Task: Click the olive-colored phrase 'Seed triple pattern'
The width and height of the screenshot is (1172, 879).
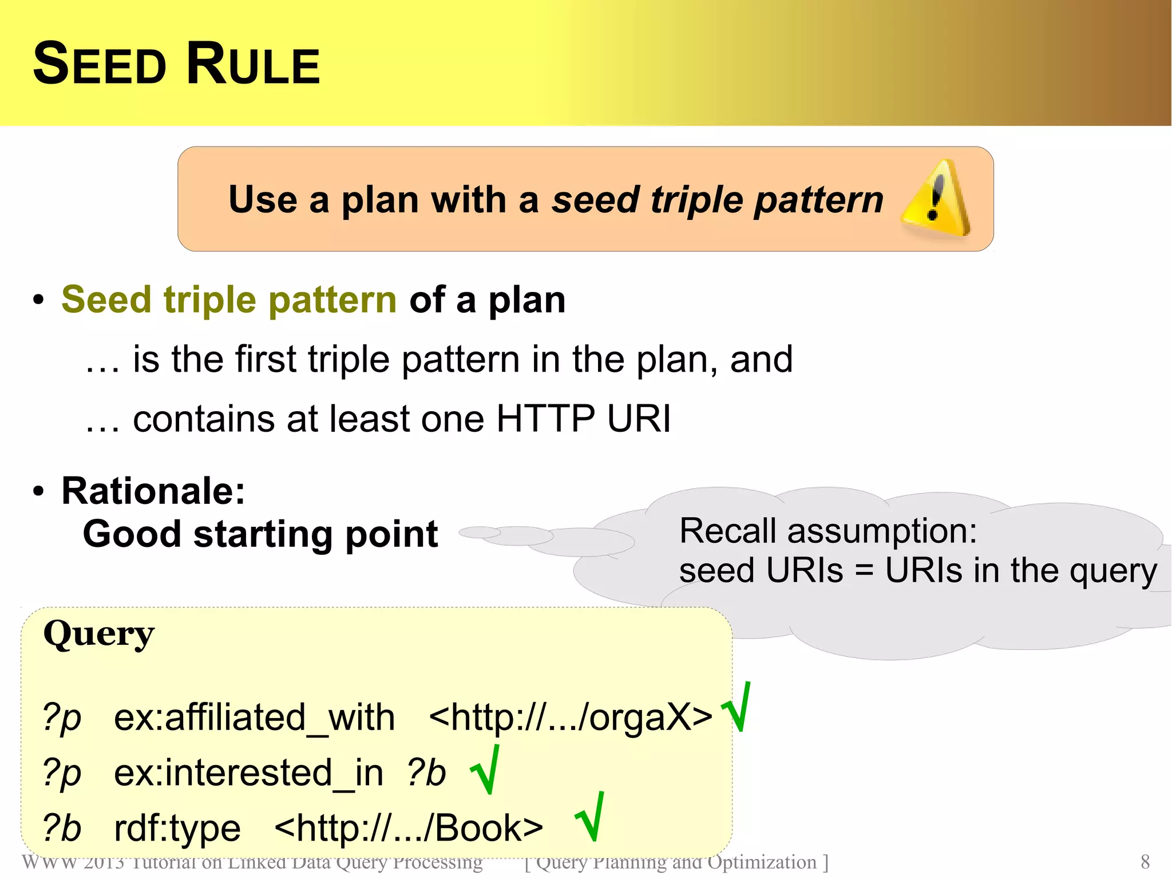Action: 229,299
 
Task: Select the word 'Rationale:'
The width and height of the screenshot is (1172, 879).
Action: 153,491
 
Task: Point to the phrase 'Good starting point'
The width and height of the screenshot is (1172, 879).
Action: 260,534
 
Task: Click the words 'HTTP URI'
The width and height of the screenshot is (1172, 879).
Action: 583,418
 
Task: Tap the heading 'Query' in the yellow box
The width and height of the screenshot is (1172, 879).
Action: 98,634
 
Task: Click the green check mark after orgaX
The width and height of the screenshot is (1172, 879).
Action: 737,708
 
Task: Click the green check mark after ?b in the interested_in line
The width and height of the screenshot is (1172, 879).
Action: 485,770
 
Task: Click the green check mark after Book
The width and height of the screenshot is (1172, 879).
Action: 590,817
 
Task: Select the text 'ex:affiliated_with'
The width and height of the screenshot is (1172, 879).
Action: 254,717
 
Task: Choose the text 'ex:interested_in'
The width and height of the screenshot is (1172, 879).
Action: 248,772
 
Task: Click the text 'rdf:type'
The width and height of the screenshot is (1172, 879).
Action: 177,828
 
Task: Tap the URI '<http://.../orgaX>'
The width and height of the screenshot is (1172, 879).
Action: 570,717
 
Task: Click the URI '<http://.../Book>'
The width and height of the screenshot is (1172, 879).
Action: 409,828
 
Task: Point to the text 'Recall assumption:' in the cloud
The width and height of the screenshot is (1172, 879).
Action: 827,530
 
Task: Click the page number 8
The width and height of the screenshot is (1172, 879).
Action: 1145,862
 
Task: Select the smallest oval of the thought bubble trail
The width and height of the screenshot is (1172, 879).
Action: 480,533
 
